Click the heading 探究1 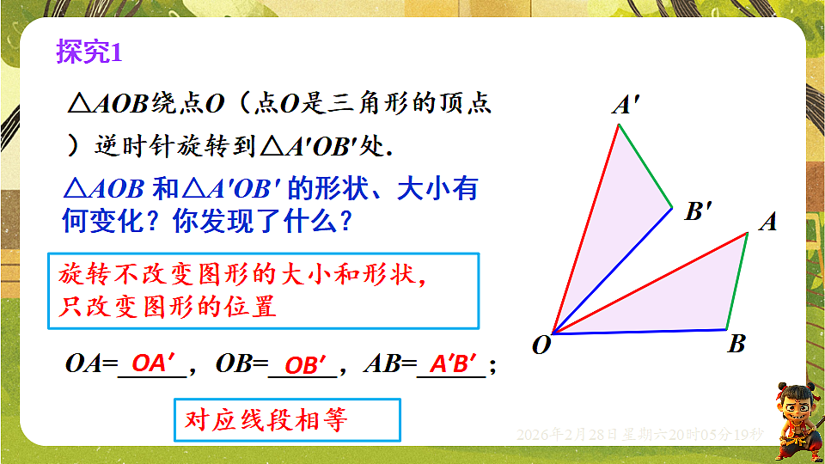90,52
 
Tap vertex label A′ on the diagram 625,106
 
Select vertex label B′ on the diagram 698,211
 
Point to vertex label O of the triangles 541,345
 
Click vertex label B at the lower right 736,345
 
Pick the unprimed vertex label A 767,223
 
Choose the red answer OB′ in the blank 305,365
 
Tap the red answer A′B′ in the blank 453,364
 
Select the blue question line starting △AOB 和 271,189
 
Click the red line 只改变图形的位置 168,307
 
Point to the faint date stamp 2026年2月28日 567,434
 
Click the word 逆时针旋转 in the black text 146,145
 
